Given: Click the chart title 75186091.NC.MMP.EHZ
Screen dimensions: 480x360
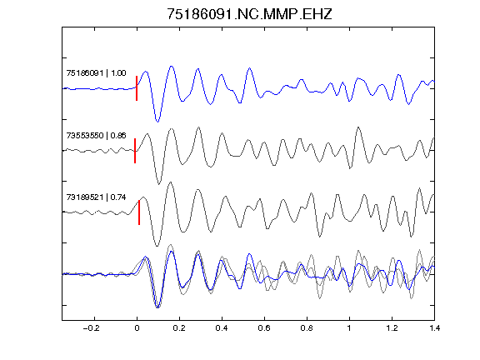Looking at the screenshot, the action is pos(249,14).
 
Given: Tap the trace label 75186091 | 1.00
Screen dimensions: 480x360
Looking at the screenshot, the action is pos(96,73).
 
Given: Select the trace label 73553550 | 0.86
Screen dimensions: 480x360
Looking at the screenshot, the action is pos(96,135).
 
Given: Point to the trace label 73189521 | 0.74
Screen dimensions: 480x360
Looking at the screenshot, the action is pos(96,197).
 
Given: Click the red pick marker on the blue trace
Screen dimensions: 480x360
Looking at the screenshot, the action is pos(137,88).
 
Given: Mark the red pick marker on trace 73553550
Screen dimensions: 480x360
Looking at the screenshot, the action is pos(135,151).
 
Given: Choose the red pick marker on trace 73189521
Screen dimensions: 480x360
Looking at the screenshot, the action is pos(139,212).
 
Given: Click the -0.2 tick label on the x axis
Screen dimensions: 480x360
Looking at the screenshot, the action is pos(92,328).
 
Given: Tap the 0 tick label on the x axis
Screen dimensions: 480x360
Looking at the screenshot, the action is pos(137,328).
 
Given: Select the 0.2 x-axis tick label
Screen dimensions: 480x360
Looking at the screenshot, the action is pos(179,328).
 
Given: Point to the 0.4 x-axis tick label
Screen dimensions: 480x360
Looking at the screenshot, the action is pos(222,328).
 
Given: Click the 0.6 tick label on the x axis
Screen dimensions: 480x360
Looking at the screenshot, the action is pos(264,328).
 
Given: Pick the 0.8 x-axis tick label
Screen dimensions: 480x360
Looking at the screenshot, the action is pos(307,328).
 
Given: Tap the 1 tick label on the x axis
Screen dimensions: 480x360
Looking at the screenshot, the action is pos(349,328).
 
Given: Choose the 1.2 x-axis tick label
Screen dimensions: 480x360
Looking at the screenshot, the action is pos(392,328).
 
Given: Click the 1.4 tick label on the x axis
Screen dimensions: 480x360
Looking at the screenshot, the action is pos(434,328).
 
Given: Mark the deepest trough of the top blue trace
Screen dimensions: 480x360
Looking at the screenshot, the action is pos(157,122).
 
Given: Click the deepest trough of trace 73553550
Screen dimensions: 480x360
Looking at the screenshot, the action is pos(158,184).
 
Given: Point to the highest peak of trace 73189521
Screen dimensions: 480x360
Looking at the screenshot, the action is pos(170,182).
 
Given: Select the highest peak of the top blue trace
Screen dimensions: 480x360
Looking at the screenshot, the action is pos(172,66).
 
